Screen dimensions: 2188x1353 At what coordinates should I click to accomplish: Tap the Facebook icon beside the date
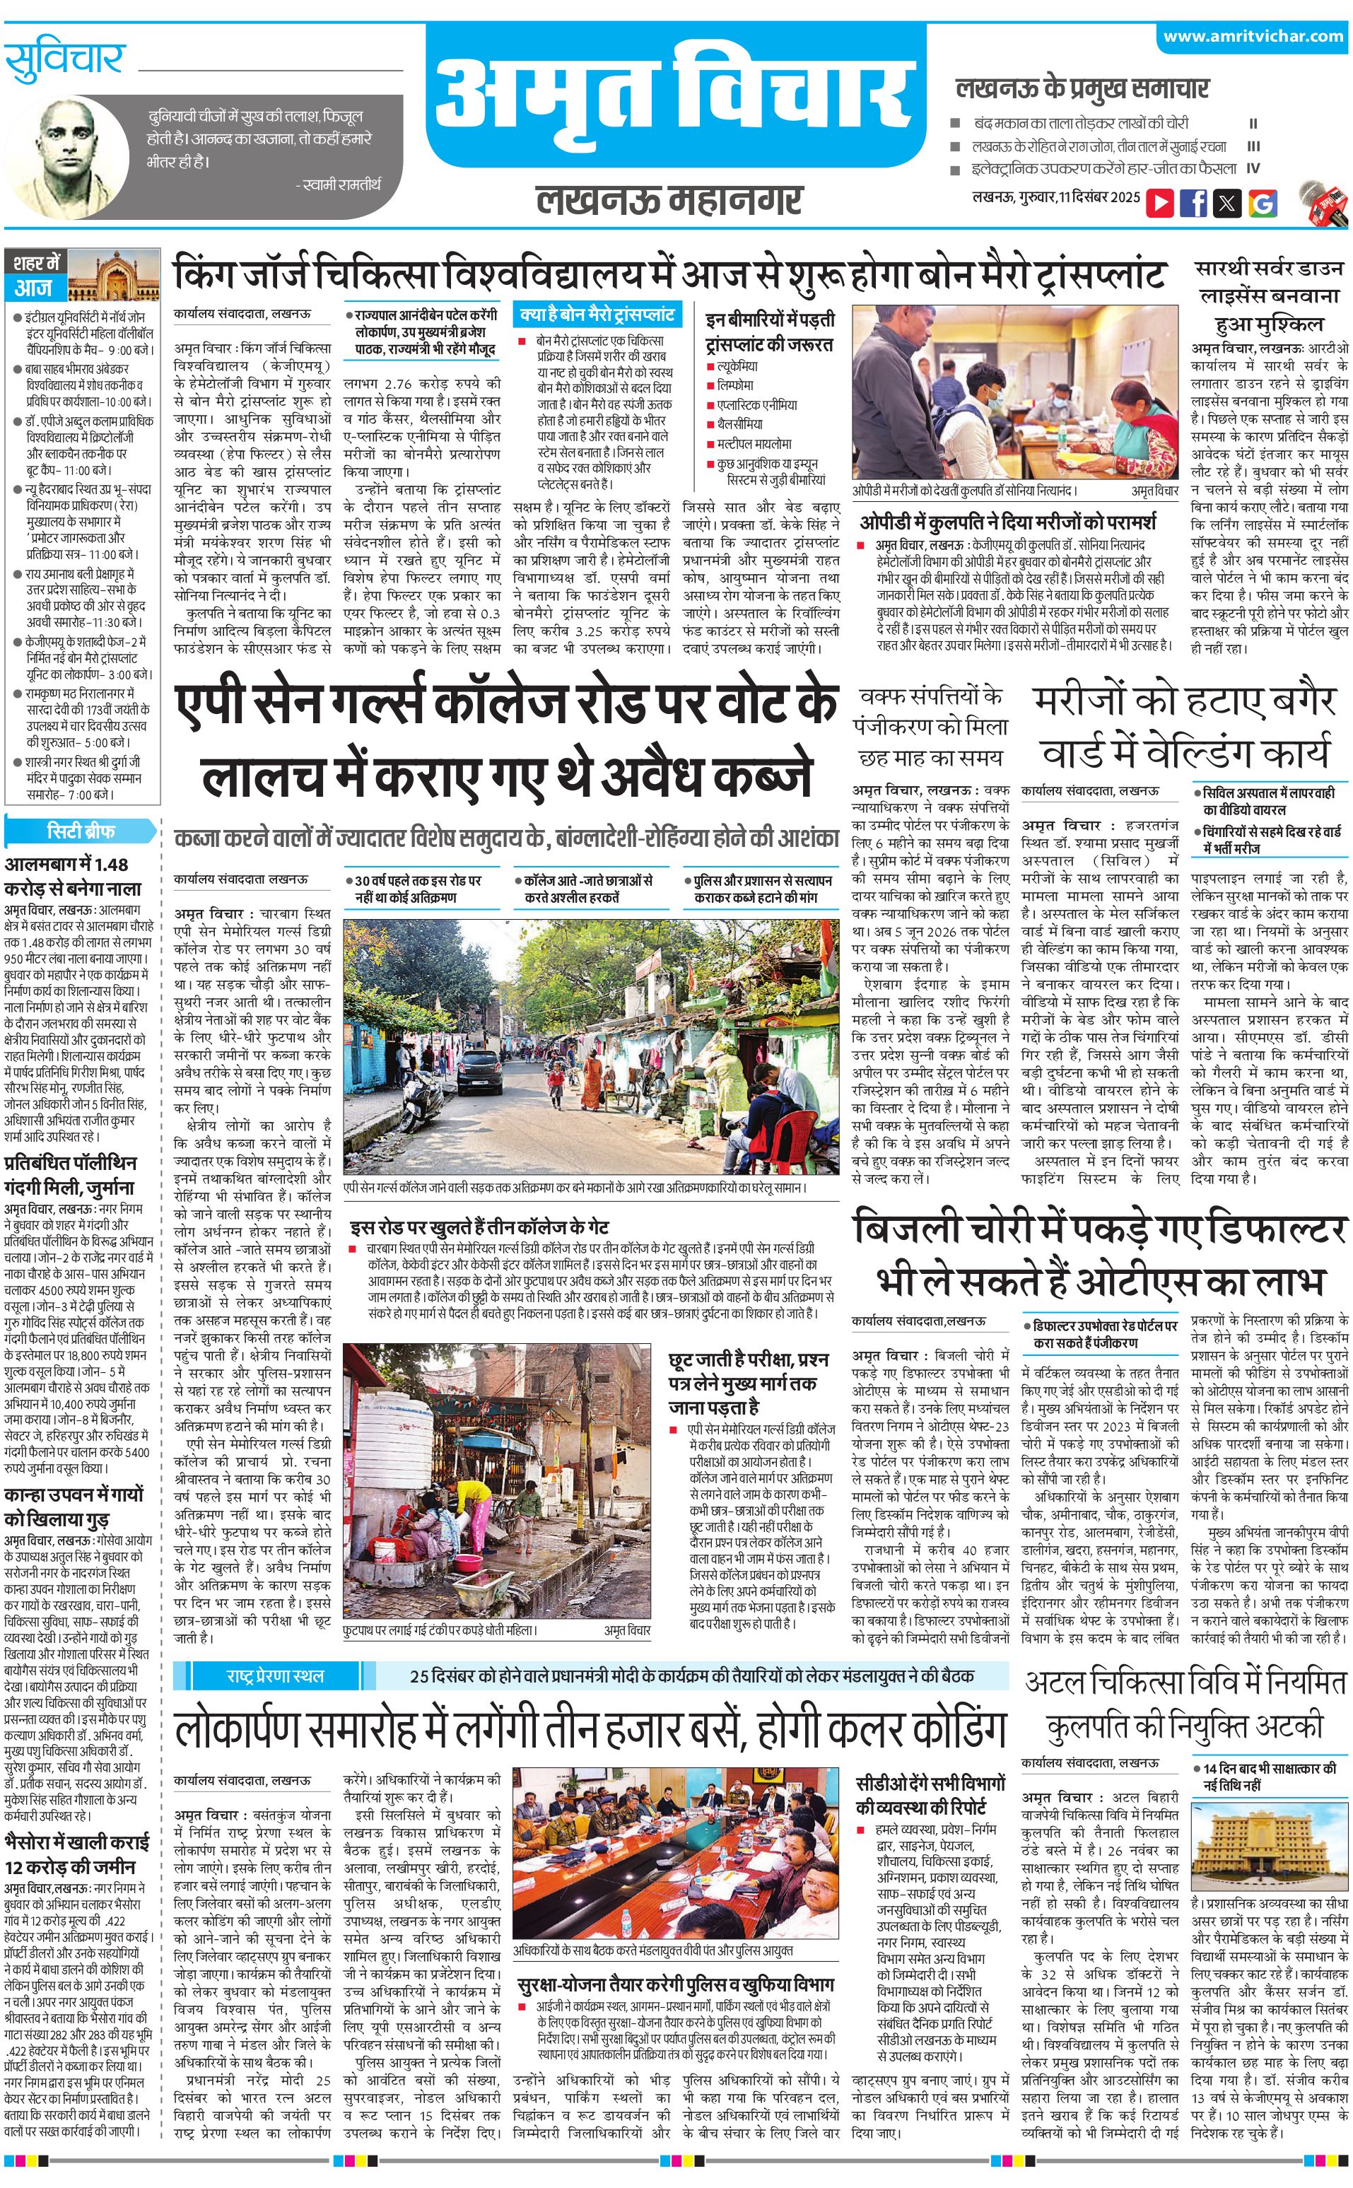1193,202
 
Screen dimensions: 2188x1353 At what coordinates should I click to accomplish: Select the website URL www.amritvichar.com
1253,37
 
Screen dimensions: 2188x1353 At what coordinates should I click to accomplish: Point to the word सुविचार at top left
64,61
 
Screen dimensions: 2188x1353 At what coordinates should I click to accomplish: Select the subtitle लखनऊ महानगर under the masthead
669,199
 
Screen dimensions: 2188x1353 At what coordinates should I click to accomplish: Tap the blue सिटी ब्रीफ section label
81,831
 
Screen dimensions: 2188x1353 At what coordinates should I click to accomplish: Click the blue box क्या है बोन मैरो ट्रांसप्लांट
597,315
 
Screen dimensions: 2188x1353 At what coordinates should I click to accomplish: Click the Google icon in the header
1262,202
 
